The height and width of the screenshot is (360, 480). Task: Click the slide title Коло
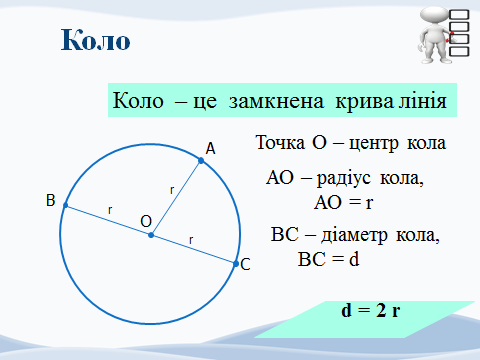tap(96, 41)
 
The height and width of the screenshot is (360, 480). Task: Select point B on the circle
tap(66, 205)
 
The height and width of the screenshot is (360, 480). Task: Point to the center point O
tap(151, 235)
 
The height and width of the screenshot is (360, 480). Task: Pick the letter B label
tap(50, 201)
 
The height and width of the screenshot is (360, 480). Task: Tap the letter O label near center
tap(146, 220)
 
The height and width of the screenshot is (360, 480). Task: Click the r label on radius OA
tap(172, 188)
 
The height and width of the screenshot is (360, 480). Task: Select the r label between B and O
tap(110, 210)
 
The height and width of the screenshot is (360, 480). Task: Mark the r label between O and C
tap(191, 240)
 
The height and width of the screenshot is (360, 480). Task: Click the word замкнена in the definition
tap(263, 102)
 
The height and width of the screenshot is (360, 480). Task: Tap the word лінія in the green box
tap(420, 102)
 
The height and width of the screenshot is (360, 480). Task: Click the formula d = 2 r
tap(371, 310)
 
